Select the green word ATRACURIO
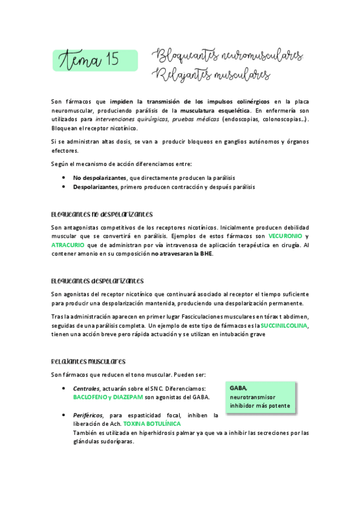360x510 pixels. coord(68,245)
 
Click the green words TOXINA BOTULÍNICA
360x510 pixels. coord(147,423)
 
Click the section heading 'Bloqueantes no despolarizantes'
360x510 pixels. coord(102,215)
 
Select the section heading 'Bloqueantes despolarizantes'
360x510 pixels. coord(97,281)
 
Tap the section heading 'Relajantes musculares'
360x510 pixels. coord(88,361)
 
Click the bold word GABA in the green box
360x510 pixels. coord(238,389)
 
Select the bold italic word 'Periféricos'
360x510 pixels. coord(88,415)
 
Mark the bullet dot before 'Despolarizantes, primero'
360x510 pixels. coord(64,187)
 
